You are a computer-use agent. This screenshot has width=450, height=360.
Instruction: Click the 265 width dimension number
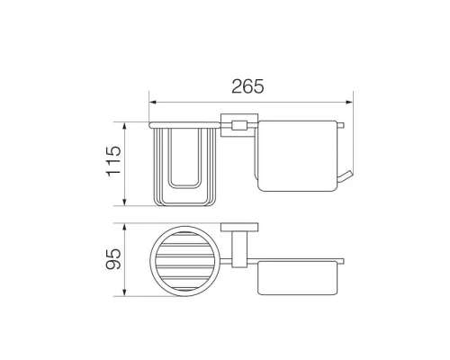[x=247, y=86]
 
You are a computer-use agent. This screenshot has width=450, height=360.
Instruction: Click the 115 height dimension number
[x=114, y=161]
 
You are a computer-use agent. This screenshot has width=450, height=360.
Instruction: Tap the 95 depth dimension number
[x=114, y=259]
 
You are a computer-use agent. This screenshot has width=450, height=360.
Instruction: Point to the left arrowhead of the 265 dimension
[x=153, y=103]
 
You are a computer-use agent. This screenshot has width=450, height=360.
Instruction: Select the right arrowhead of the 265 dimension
[x=349, y=103]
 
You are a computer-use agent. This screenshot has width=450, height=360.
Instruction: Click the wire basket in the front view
[x=184, y=166]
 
